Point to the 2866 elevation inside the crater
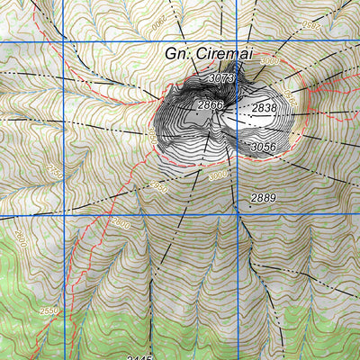click(210, 106)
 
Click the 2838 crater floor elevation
click(264, 108)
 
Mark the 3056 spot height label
click(263, 147)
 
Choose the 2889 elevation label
click(263, 197)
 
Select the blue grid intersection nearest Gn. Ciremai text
click(241, 42)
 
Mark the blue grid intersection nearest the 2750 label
click(68, 215)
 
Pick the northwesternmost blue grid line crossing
click(68, 42)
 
